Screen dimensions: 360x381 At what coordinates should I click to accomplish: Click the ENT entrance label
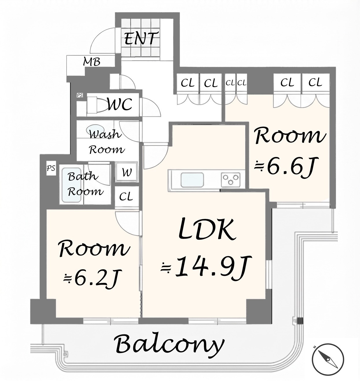[140, 39]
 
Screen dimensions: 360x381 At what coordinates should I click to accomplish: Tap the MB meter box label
[92, 62]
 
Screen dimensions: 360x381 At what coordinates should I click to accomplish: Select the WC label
[120, 104]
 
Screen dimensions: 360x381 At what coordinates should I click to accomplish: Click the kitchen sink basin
[192, 179]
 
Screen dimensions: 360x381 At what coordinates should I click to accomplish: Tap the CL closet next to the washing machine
[126, 197]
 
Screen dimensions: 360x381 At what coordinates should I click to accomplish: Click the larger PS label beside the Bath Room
[51, 168]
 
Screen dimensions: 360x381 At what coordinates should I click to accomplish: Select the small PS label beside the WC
[80, 95]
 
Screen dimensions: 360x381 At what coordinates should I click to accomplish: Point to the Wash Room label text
[106, 142]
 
